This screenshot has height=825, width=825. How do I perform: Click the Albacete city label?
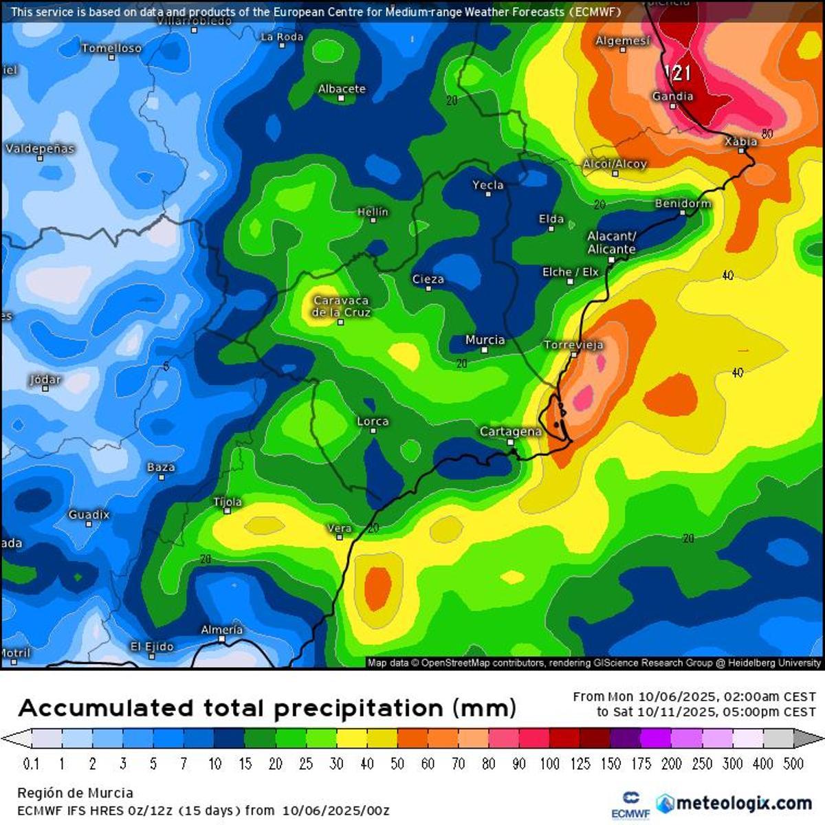[342, 89]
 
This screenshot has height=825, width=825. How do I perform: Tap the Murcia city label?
[485, 340]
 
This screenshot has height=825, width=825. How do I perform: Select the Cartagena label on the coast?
[510, 431]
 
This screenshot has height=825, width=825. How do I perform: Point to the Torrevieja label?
[573, 344]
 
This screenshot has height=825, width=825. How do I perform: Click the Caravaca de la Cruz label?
[341, 307]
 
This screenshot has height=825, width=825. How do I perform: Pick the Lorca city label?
[373, 421]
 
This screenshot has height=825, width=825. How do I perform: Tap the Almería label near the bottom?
[221, 629]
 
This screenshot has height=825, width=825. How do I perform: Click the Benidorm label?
[683, 203]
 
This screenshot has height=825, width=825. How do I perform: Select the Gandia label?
[672, 96]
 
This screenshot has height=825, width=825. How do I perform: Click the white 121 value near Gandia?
[679, 72]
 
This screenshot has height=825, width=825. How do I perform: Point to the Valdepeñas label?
[39, 148]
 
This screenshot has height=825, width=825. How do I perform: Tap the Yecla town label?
[488, 185]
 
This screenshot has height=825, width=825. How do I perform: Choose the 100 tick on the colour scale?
[549, 764]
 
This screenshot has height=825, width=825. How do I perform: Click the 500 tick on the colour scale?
[793, 764]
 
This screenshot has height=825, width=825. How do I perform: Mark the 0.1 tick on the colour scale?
[31, 764]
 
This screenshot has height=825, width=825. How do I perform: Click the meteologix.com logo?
[734, 803]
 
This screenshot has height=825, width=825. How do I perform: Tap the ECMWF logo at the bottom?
[630, 805]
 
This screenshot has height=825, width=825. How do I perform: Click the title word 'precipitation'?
[360, 708]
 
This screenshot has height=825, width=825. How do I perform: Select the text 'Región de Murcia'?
[75, 793]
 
